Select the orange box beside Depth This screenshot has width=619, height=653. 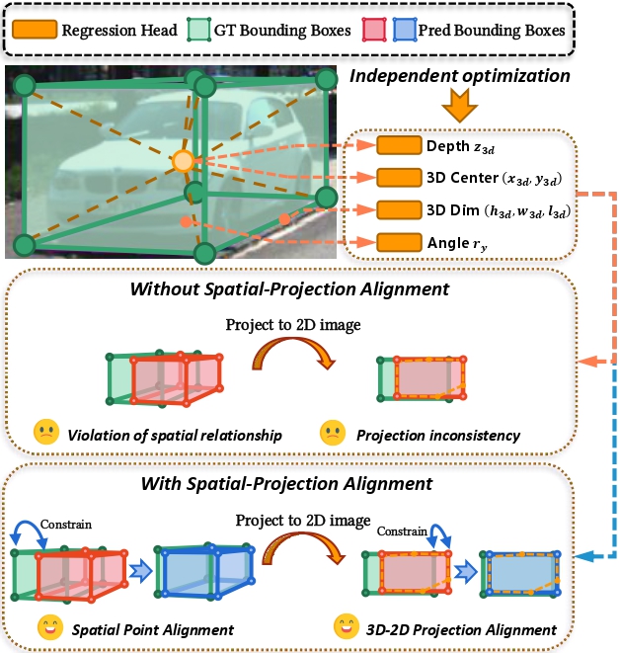click(398, 146)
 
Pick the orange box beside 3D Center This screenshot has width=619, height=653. click(398, 178)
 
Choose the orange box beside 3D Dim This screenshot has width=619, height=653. click(398, 209)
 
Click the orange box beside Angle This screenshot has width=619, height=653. click(398, 241)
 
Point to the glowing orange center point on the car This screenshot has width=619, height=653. click(182, 160)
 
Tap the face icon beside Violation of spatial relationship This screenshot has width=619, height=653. click(45, 432)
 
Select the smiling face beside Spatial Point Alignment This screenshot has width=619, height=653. click(45, 627)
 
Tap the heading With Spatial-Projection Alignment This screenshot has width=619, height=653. click(286, 484)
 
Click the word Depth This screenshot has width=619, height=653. click(448, 146)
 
